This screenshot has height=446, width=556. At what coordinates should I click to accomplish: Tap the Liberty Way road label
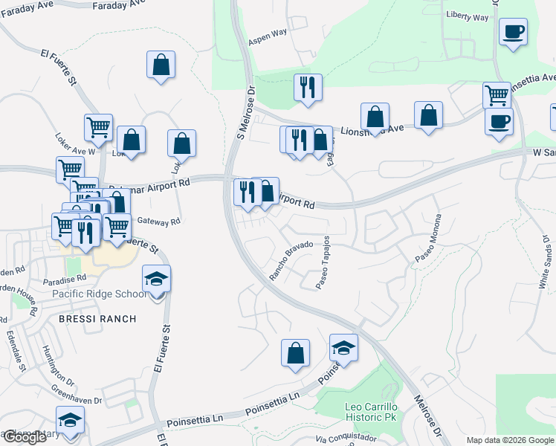468,16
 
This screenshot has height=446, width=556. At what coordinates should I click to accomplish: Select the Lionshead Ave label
372,130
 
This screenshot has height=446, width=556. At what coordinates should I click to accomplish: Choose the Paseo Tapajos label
323,265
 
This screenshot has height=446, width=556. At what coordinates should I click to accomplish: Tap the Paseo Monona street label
428,238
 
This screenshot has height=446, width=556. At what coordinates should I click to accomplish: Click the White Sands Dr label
546,263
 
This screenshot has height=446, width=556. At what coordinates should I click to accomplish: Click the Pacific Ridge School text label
100,294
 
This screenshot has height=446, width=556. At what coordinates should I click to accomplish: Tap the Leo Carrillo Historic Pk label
372,413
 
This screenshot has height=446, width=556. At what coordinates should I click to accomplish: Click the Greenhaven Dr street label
76,395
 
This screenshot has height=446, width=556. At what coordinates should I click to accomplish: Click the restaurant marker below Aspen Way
306,88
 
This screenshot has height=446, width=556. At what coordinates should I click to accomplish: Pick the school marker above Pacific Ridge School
156,279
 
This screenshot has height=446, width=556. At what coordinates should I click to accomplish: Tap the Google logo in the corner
25,437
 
